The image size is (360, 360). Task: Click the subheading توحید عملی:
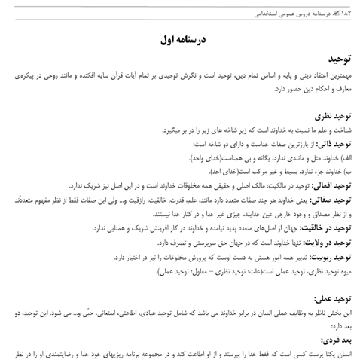335,297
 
